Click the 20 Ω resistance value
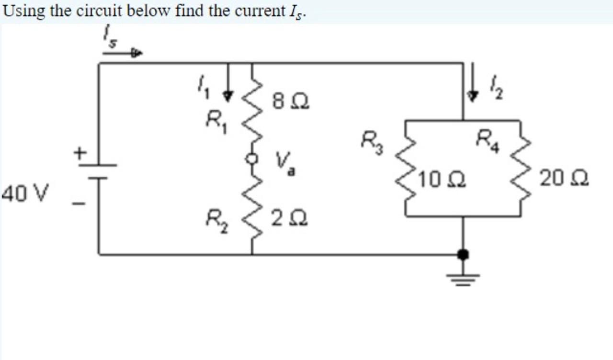(x=564, y=180)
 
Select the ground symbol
(x=463, y=278)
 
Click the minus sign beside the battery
(x=79, y=204)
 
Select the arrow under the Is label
(x=123, y=54)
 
